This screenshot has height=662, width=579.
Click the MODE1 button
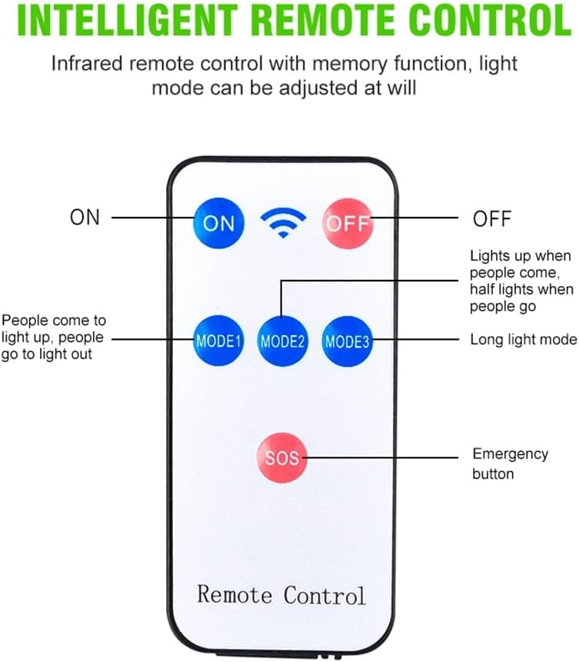tap(218, 340)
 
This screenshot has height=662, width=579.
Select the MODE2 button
tap(283, 340)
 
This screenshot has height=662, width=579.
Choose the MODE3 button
tap(347, 340)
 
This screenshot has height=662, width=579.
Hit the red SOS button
tap(281, 457)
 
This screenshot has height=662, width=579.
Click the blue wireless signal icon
tap(283, 222)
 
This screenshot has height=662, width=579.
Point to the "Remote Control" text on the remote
tap(281, 594)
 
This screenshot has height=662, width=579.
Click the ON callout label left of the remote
tap(85, 218)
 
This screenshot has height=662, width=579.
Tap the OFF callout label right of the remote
tap(492, 218)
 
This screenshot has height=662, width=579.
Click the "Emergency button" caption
tap(510, 464)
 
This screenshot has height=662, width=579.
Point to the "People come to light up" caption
tap(54, 337)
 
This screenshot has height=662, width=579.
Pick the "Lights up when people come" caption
tap(521, 280)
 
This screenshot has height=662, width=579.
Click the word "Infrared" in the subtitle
tap(87, 63)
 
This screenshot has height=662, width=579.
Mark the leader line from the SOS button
tap(384, 457)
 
